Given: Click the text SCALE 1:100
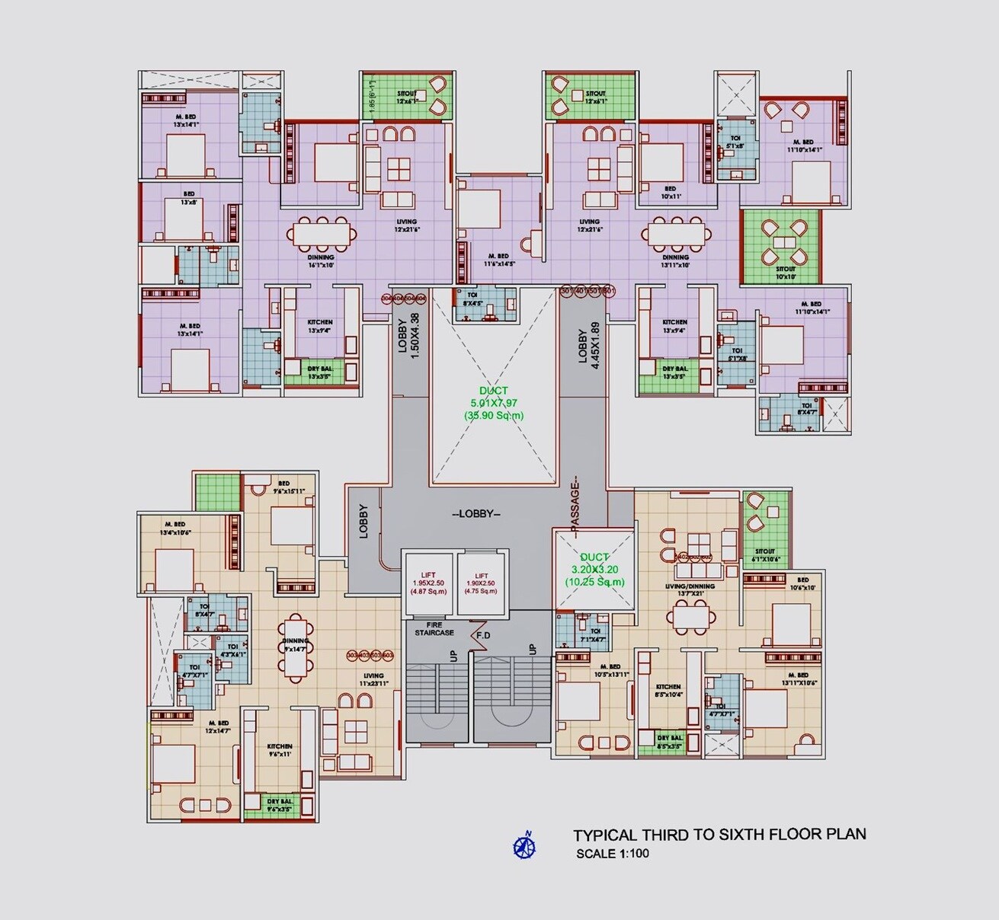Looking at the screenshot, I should coord(613,853).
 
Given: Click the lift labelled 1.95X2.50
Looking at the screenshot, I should coord(427,583).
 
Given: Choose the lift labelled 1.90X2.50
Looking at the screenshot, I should coord(481,583).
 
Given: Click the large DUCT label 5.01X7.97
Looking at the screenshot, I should coord(494,403).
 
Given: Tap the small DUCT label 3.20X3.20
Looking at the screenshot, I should coord(594,570).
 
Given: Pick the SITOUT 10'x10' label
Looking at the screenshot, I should coord(785,273).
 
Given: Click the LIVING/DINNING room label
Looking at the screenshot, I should coord(690,590).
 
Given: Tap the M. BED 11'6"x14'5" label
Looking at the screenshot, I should coord(498,260).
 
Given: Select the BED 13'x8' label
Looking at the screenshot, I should coord(188,198).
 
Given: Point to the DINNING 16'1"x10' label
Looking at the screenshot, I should coord(321,261).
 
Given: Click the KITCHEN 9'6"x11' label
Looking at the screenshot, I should coord(279,750).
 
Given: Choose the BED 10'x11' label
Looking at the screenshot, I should coord(670,192).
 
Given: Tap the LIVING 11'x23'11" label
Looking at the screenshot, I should coord(373,679).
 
